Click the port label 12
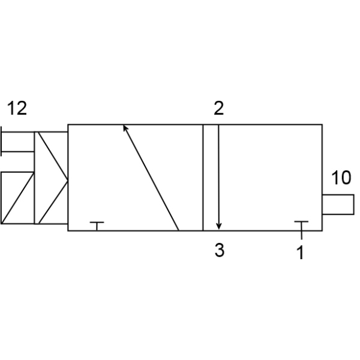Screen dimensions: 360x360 [x=17, y=108]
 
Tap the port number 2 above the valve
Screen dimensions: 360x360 [x=218, y=108]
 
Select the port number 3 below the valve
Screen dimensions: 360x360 [x=220, y=250]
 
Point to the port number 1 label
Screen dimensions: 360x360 [x=301, y=253]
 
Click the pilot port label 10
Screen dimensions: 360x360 [x=341, y=178]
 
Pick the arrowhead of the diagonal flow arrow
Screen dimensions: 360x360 [x=125, y=128]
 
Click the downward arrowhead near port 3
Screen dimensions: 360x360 [x=219, y=226]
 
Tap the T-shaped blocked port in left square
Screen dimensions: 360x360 [x=97, y=226]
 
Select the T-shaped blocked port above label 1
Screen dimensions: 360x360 [x=301, y=226]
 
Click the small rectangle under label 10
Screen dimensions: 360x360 [x=338, y=205]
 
